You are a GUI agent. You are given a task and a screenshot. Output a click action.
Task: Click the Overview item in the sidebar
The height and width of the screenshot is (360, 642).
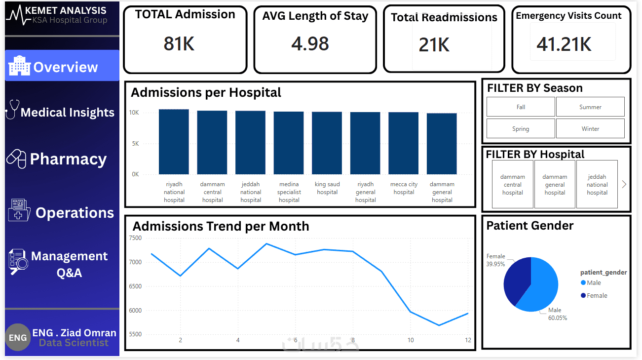(62, 66)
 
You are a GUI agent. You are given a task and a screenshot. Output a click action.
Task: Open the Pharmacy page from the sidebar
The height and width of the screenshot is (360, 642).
(62, 159)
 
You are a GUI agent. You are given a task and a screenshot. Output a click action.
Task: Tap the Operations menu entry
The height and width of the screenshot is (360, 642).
(62, 212)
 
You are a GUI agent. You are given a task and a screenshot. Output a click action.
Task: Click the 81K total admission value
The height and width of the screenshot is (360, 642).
(179, 44)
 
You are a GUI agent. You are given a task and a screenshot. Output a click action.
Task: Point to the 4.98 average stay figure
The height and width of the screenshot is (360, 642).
(310, 43)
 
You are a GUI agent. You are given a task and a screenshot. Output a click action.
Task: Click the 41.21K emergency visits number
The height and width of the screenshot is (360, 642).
(564, 44)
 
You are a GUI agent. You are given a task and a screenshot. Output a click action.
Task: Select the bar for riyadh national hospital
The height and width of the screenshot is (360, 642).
(174, 142)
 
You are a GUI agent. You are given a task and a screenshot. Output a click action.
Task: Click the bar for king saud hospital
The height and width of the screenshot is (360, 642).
(327, 143)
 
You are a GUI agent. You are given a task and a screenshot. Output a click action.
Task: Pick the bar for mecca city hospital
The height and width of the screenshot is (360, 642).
(404, 143)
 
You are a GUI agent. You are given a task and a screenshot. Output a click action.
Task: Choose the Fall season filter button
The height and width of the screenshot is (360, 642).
(521, 107)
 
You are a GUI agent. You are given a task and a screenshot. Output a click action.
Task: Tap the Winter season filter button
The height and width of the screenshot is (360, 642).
(590, 129)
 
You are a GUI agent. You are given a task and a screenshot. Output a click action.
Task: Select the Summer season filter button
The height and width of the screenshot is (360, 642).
(590, 107)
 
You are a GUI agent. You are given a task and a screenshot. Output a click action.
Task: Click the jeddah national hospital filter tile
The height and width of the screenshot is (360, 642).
(597, 184)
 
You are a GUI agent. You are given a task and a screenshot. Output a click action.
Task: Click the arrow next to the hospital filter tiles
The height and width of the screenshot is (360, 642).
(624, 184)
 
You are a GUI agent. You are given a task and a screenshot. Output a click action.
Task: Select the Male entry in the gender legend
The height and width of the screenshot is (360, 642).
(594, 283)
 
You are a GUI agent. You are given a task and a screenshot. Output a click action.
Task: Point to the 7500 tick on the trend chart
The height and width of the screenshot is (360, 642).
(135, 238)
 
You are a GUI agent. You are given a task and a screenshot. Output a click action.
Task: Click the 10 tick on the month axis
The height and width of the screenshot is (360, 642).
(411, 340)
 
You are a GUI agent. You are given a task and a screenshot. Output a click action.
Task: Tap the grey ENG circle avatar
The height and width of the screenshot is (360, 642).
(18, 338)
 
